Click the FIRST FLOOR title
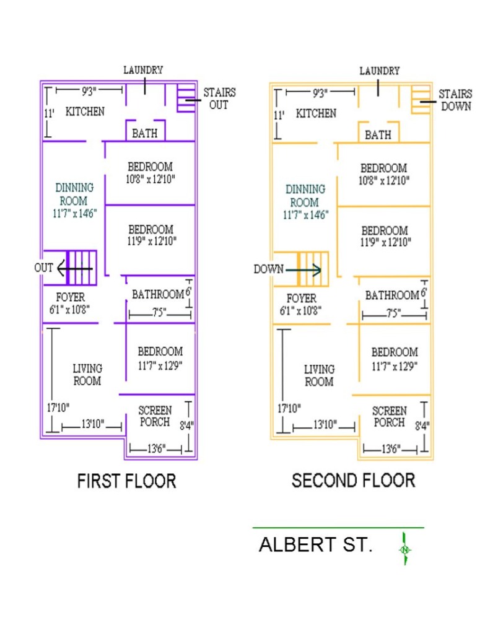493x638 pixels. click(x=126, y=481)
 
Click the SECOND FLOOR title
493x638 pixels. click(x=353, y=480)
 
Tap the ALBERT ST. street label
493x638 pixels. click(x=315, y=545)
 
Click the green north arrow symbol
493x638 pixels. click(x=405, y=549)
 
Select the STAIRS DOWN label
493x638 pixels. click(x=455, y=100)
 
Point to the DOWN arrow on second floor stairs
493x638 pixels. click(x=303, y=269)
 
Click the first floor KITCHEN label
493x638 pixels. click(x=85, y=112)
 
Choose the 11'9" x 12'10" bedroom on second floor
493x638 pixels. click(x=384, y=237)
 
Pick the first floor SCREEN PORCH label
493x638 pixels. click(x=154, y=416)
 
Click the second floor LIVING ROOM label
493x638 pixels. click(x=319, y=375)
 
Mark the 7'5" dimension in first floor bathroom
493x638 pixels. click(x=159, y=313)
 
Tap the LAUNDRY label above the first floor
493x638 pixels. click(x=143, y=70)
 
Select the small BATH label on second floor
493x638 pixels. click(x=377, y=135)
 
